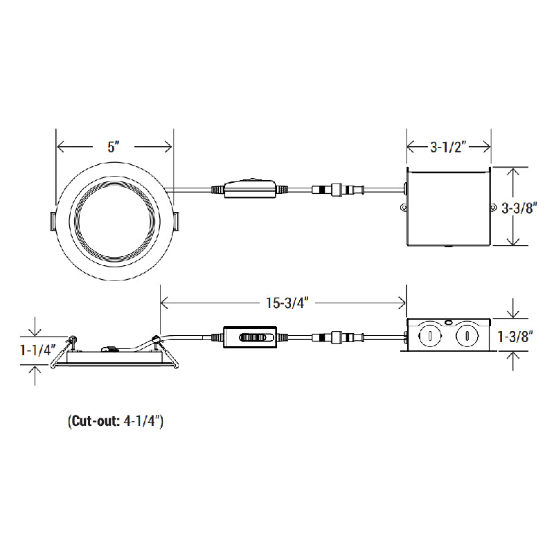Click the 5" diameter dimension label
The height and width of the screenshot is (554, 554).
click(114, 147)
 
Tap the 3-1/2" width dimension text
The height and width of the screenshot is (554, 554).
click(449, 147)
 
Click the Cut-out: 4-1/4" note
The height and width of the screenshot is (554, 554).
click(116, 420)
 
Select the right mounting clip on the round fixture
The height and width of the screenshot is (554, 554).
click(176, 220)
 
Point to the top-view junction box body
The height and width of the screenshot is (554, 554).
click(448, 207)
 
